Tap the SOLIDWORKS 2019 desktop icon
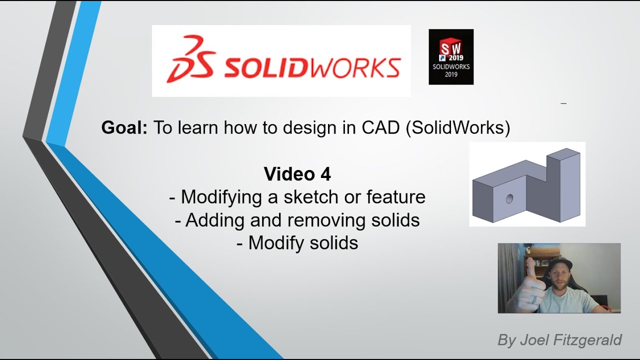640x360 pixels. click(451, 56)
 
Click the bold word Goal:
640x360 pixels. click(124, 128)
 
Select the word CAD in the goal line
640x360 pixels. click(381, 128)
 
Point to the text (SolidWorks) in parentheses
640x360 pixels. click(458, 128)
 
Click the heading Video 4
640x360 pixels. click(297, 174)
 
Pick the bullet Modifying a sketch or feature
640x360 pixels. click(297, 197)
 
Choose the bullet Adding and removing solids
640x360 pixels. click(297, 220)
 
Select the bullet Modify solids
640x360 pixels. click(297, 243)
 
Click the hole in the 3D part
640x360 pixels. click(509, 199)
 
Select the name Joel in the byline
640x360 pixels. click(534, 340)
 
